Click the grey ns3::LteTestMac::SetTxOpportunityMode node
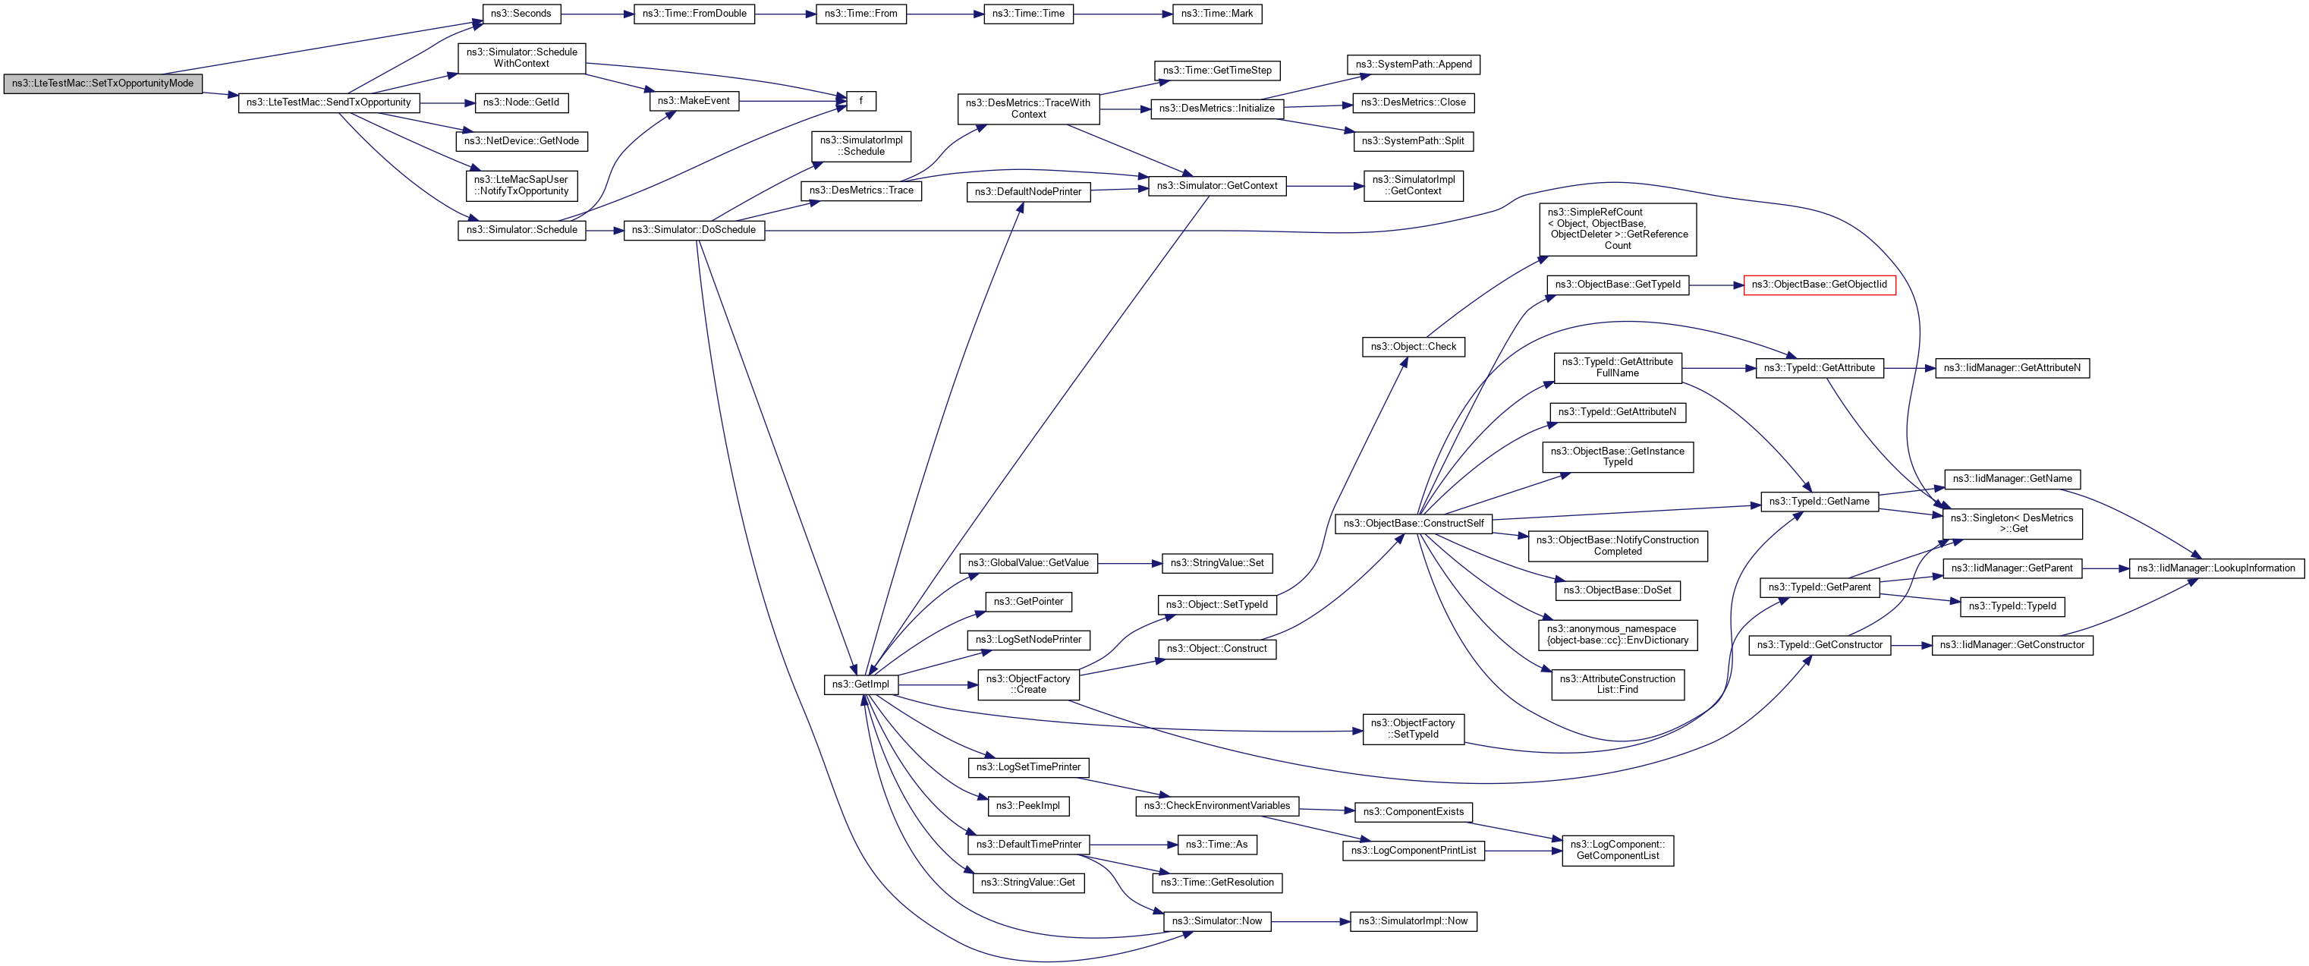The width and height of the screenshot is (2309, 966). [102, 83]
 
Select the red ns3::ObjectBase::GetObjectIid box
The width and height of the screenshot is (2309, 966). [1819, 285]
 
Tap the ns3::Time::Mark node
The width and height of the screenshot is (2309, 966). [1216, 14]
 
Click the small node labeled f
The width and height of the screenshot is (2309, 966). [860, 101]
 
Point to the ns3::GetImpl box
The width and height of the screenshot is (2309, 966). [860, 684]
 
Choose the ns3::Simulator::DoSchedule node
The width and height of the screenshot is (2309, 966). [693, 230]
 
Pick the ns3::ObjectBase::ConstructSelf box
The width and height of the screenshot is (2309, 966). [1413, 524]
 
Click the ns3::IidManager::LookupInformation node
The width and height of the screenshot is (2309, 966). [2215, 568]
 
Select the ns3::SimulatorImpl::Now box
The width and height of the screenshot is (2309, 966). [1413, 921]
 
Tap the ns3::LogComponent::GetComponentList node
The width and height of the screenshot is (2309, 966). [1617, 851]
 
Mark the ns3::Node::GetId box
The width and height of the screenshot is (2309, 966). [521, 103]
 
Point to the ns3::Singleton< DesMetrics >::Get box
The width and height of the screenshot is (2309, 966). [2012, 524]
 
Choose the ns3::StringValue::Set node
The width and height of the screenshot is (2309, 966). [1216, 563]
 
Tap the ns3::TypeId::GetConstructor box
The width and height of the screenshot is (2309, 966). [1819, 645]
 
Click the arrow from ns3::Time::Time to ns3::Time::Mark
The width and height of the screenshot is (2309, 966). [1122, 14]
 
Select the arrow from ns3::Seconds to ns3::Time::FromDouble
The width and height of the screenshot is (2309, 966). [597, 14]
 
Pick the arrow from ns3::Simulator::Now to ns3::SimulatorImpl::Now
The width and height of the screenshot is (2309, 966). [1310, 921]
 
